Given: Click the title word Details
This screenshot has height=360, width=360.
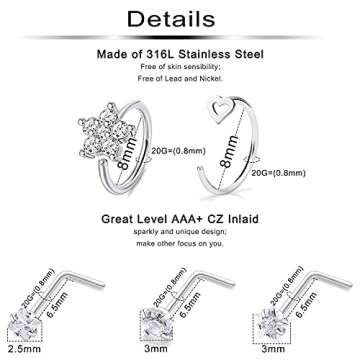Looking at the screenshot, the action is [x=180, y=20].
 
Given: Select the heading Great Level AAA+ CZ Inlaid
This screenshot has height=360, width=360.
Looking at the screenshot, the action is [x=180, y=214].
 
